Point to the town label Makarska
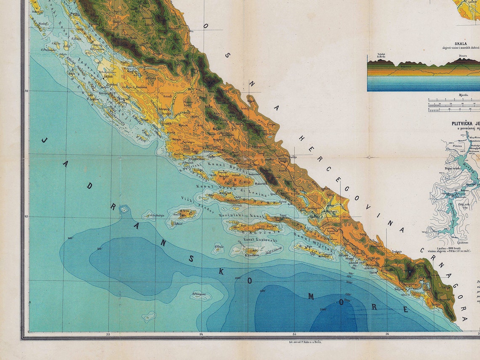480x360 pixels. click(x=261, y=184)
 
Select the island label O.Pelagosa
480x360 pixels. click(x=199, y=294)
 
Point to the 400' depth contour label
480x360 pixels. click(x=70, y=238)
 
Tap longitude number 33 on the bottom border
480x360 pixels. click(x=108, y=334)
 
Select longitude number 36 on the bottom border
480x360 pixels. click(x=387, y=334)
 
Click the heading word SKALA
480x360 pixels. click(x=460, y=43)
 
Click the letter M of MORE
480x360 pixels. click(x=311, y=296)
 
